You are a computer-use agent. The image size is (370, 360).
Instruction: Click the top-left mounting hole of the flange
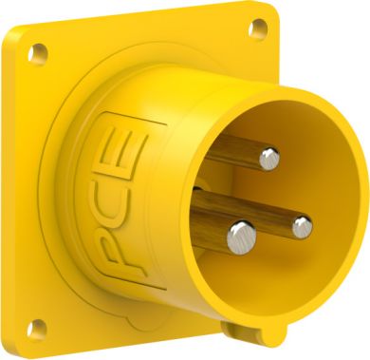point(38,54)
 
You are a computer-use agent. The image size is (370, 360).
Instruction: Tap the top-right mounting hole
point(257,28)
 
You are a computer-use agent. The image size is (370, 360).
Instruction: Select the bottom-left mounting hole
point(36,329)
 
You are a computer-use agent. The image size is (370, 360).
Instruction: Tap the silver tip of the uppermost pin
point(269,159)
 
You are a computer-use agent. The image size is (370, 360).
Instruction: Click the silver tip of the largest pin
point(242,237)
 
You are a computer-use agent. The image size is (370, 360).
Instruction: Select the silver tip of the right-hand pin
point(302,227)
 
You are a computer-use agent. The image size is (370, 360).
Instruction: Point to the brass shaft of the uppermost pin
point(234,151)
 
